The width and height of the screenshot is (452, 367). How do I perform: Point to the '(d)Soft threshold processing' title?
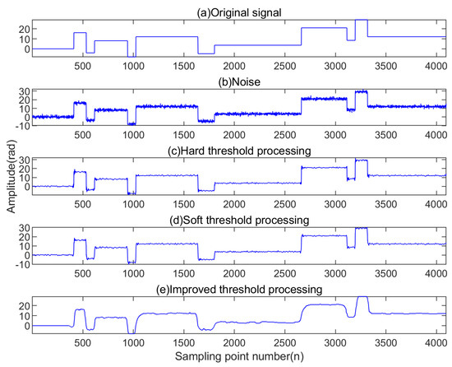coord(238,220)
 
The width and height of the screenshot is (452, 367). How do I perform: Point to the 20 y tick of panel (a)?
coord(24,28)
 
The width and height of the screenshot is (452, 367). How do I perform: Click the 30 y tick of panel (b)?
coord(24,91)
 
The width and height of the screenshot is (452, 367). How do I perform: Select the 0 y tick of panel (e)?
coord(26,325)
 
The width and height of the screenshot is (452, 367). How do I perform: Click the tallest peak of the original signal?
coord(361,20)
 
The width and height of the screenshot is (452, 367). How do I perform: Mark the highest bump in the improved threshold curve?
coord(361,297)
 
